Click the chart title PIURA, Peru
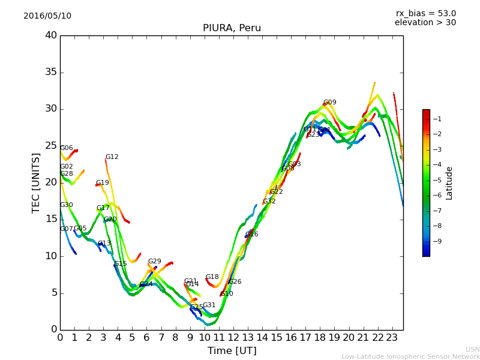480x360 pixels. point(232,28)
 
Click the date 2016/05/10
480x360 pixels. point(47,16)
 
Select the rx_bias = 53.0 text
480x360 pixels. point(425,14)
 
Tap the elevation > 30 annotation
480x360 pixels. point(425,23)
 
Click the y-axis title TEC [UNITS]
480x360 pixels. point(36,182)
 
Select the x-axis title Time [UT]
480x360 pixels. point(232,351)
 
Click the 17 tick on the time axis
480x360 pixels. point(306,337)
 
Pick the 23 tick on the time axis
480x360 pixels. point(392,337)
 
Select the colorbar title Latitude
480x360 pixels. point(449,183)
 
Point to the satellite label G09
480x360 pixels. point(330,103)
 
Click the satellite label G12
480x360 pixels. point(112,157)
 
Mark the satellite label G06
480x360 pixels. point(67,148)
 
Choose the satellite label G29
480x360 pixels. point(155,262)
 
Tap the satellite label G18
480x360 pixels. point(212,277)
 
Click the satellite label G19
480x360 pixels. point(103,183)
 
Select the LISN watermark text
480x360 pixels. point(472,349)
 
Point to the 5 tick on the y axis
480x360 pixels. point(53,293)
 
